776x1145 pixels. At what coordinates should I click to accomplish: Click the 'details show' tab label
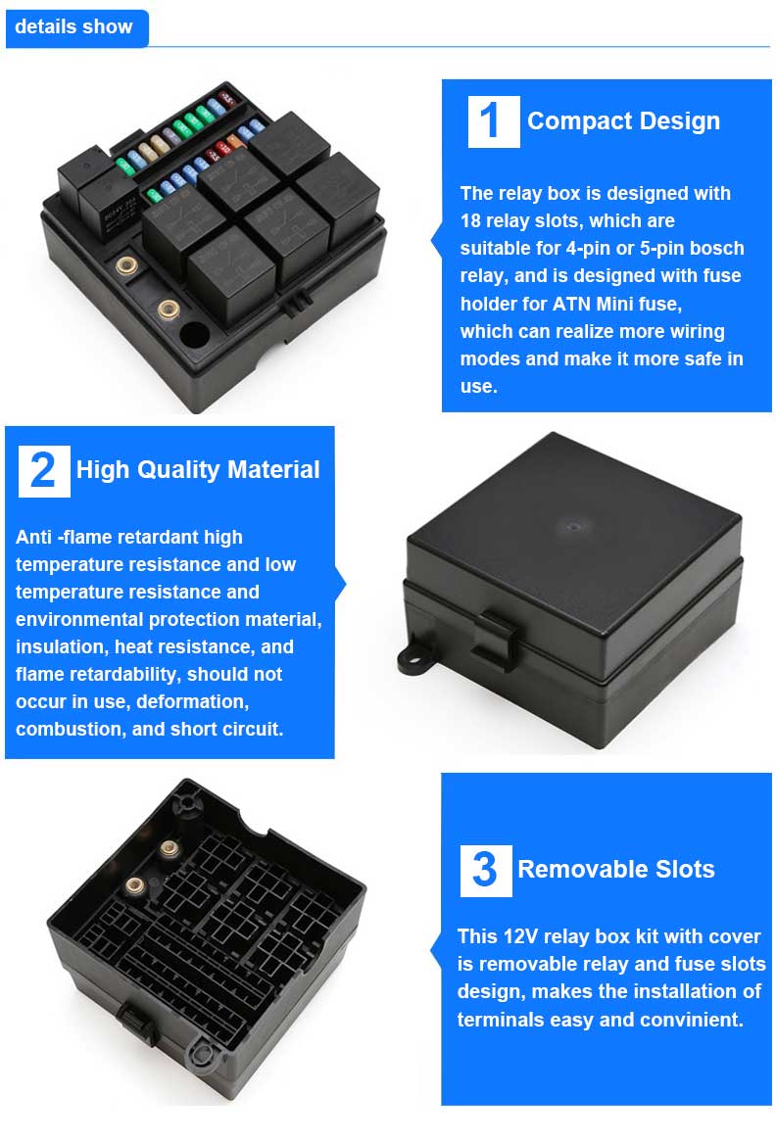(73, 27)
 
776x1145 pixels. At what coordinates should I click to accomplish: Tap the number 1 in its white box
(490, 120)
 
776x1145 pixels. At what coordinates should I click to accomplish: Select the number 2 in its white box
(43, 470)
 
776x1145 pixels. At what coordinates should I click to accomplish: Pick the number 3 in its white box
(485, 870)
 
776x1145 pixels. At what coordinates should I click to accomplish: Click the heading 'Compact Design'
(623, 121)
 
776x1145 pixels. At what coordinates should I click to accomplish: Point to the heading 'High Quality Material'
(198, 469)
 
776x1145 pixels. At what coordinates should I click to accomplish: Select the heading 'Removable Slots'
(616, 869)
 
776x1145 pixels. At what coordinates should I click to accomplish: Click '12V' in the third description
(519, 936)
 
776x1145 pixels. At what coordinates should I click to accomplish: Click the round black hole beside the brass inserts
(194, 336)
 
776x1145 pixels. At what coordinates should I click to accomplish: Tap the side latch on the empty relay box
(137, 1022)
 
